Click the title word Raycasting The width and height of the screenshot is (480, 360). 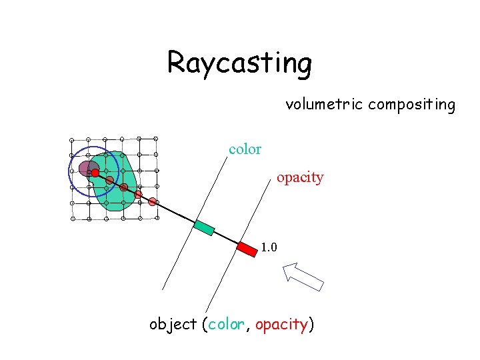(x=239, y=63)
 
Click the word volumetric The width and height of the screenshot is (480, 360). (x=324, y=105)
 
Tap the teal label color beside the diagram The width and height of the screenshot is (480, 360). (x=245, y=149)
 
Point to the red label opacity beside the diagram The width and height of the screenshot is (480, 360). (x=300, y=177)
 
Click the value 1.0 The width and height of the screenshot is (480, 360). (x=269, y=248)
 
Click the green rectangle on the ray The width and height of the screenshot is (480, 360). (x=204, y=227)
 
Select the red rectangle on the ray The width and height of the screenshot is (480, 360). (x=247, y=249)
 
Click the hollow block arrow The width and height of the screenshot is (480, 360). (x=303, y=276)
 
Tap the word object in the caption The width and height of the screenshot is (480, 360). (x=172, y=325)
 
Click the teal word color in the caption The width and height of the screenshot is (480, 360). (x=227, y=325)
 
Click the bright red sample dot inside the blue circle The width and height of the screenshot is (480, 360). (x=95, y=173)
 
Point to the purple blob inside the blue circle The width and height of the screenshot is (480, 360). (x=86, y=167)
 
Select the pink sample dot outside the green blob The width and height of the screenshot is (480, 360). (x=153, y=201)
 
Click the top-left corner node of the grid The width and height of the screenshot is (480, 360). (x=72, y=139)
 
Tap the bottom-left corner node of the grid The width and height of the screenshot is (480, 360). (x=72, y=219)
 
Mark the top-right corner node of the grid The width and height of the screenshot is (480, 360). (x=155, y=139)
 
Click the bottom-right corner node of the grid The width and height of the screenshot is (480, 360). (x=155, y=218)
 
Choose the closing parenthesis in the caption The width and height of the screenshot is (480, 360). (x=311, y=325)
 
